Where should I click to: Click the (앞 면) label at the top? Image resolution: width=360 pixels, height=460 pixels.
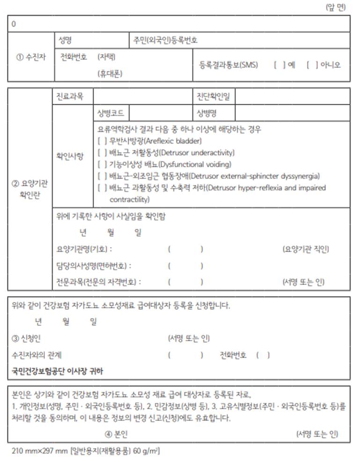(335, 7)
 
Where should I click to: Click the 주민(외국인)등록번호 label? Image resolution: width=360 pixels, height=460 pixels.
(165, 40)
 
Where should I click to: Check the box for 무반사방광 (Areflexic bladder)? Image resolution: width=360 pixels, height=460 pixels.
(102, 141)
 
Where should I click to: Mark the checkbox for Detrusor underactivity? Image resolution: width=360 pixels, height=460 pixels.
(102, 153)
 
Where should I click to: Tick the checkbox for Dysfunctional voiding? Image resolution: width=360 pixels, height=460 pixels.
(102, 164)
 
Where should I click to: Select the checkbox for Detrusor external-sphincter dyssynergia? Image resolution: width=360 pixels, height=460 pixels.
(102, 176)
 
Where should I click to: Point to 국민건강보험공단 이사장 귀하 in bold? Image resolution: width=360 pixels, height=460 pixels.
(58, 372)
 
